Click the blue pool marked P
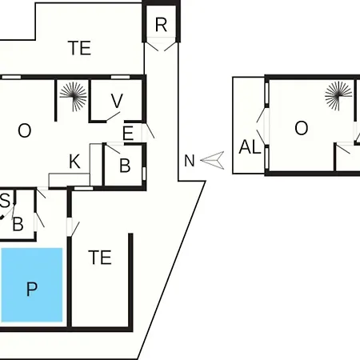[x=32, y=285]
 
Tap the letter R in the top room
[x=161, y=25]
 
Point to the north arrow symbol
[x=213, y=160]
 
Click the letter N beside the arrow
[x=190, y=161]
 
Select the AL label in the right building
[x=250, y=147]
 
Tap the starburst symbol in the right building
[x=338, y=96]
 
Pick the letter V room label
[x=117, y=101]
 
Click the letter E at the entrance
[x=128, y=134]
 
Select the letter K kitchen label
[x=74, y=162]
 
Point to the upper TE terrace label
[x=79, y=48]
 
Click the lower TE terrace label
[x=100, y=258]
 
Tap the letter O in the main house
[x=25, y=130]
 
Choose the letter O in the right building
[x=302, y=128]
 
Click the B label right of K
[x=125, y=166]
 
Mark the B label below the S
[x=18, y=224]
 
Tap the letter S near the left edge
[x=5, y=201]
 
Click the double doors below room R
[x=161, y=46]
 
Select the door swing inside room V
[x=114, y=117]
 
